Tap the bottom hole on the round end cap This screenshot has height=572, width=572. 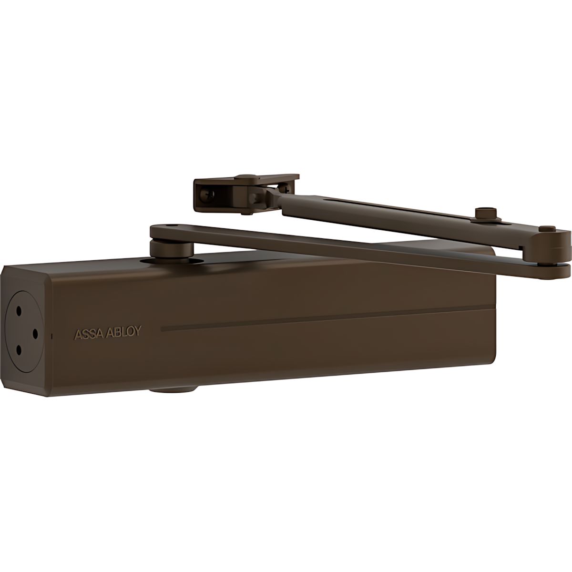click(x=18, y=351)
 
